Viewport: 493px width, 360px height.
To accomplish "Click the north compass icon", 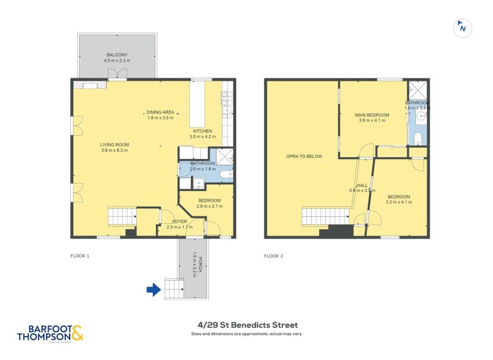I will [x=462, y=27].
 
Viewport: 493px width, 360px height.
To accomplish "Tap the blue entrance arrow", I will [x=153, y=289].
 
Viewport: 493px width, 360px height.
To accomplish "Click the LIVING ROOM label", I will [x=115, y=145].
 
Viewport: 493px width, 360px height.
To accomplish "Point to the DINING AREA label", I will [x=160, y=112].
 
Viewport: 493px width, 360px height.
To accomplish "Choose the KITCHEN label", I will [x=202, y=131].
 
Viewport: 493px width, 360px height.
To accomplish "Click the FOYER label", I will [x=180, y=221].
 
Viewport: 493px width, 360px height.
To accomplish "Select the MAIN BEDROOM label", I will [x=372, y=115].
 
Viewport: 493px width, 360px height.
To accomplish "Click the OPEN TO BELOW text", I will [x=304, y=157].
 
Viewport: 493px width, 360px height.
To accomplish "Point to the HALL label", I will [x=362, y=186].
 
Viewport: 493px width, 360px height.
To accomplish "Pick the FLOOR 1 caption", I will [x=80, y=255].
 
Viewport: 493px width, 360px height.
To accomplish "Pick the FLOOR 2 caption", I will [x=274, y=255].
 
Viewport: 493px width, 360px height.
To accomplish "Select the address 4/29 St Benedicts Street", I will [x=246, y=325].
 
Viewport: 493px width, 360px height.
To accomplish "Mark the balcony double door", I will [x=117, y=75].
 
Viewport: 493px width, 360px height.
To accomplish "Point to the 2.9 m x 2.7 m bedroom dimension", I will [x=209, y=206].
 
